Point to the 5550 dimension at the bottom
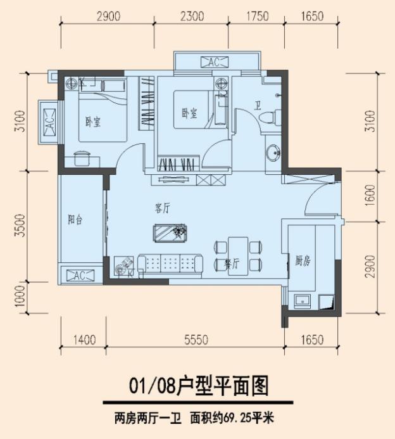[195, 340]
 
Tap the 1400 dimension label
[84, 340]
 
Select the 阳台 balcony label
[75, 219]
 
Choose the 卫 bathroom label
[258, 106]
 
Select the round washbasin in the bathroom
[274, 152]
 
